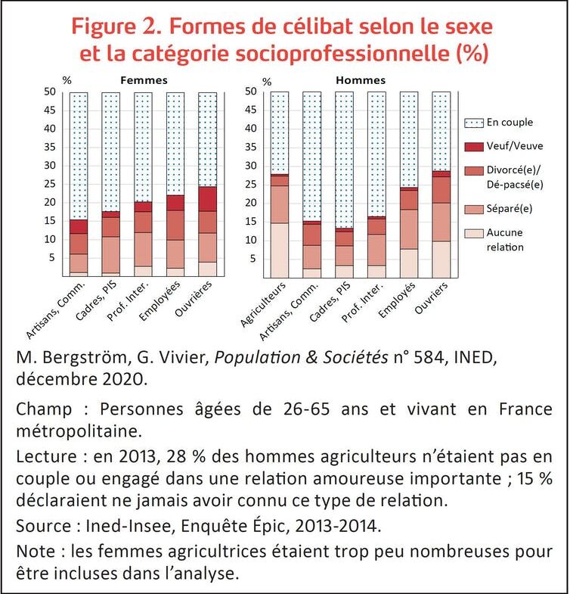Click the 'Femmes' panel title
(144, 80)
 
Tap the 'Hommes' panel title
(361, 80)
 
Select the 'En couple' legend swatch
(474, 123)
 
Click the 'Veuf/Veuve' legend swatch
(474, 147)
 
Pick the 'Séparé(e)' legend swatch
(474, 209)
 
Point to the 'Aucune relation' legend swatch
(474, 233)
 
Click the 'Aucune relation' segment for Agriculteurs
(279, 250)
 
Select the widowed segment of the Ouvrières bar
(208, 199)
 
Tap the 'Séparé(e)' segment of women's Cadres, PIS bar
(110, 255)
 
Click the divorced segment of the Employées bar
(175, 225)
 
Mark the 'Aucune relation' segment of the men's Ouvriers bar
(441, 260)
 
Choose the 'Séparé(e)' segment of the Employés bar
(409, 229)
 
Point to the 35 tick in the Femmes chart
(50, 147)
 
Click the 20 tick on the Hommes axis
(250, 203)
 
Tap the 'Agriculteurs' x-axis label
(262, 305)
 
